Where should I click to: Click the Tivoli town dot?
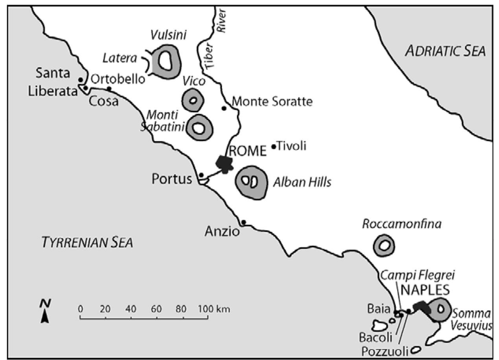tap(274, 147)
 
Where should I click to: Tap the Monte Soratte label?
tap(272, 102)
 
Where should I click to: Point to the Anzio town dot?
tap(243, 222)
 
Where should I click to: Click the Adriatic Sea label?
tap(446, 51)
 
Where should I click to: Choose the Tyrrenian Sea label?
tap(87, 242)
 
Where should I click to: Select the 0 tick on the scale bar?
tap(80, 308)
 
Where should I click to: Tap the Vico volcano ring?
tap(192, 100)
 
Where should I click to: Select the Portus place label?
tap(172, 179)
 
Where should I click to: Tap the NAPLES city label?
tap(425, 290)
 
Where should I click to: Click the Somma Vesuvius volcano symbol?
tap(438, 309)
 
